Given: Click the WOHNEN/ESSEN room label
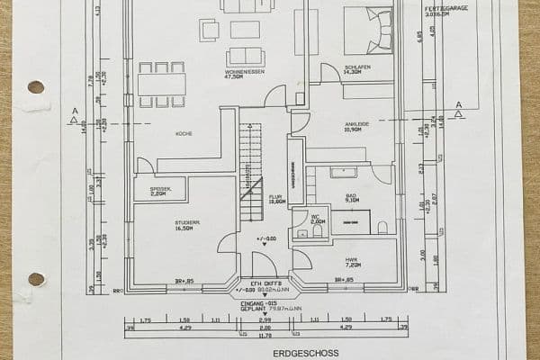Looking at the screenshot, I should pyautogui.click(x=246, y=74).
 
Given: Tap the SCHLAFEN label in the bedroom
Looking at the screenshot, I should pyautogui.click(x=357, y=67).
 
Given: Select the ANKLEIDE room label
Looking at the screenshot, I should pyautogui.click(x=357, y=125).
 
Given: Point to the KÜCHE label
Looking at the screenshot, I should pyautogui.click(x=184, y=133).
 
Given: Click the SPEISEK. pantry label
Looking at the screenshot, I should pyautogui.click(x=159, y=190).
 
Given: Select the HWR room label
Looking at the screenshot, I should pyautogui.click(x=351, y=261).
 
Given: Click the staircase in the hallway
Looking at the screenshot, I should pyautogui.click(x=250, y=162).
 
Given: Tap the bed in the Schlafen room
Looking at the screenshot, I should pyautogui.click(x=367, y=30).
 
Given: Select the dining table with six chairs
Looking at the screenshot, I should pyautogui.click(x=162, y=85).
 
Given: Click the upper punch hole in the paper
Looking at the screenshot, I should pyautogui.click(x=36, y=87).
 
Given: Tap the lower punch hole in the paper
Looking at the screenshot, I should pyautogui.click(x=36, y=279).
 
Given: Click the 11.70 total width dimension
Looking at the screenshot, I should pyautogui.click(x=265, y=337).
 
